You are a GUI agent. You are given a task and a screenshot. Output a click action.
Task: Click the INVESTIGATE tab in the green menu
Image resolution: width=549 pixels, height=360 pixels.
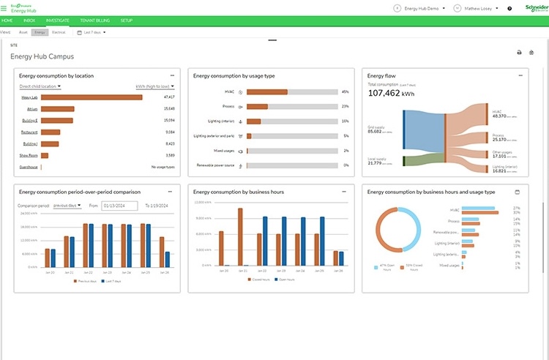click(x=56, y=20)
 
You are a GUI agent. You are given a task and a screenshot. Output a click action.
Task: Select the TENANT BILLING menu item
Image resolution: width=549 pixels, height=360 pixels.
click(x=94, y=20)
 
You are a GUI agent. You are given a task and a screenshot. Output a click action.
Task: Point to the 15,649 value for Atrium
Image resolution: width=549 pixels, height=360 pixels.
click(x=168, y=108)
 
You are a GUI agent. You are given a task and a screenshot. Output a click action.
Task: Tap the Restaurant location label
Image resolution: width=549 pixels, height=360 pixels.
click(x=30, y=132)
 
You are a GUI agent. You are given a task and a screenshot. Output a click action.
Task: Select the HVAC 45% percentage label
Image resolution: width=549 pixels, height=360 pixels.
click(x=345, y=92)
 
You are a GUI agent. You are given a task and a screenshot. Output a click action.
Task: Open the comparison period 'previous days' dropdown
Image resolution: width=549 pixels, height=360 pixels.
click(x=68, y=206)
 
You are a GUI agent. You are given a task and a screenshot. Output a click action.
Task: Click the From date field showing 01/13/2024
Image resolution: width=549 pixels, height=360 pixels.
click(x=120, y=206)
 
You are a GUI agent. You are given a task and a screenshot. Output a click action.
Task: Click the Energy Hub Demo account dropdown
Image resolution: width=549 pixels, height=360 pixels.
click(x=421, y=8)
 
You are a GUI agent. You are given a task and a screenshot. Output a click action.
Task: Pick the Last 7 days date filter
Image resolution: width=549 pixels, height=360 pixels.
click(x=93, y=32)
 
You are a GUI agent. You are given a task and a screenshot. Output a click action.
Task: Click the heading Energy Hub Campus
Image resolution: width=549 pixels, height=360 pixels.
click(x=42, y=56)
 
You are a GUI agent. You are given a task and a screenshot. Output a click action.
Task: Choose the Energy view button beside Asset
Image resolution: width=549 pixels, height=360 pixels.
click(x=40, y=32)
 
